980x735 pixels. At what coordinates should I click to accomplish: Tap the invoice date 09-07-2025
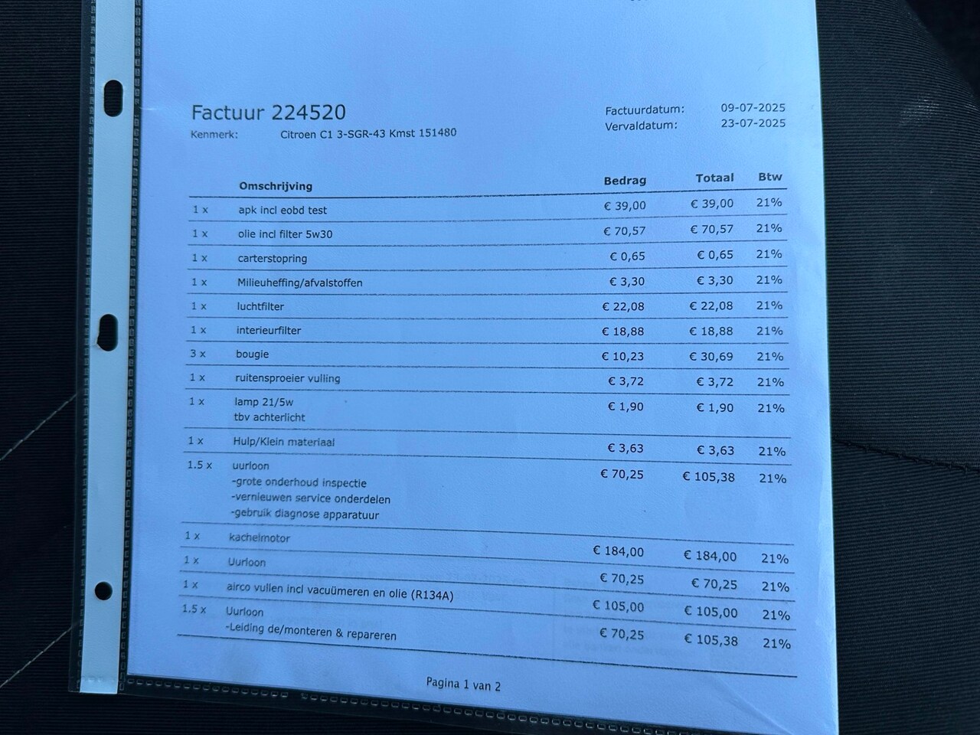coord(753,108)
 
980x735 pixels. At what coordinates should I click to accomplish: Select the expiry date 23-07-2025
coord(753,123)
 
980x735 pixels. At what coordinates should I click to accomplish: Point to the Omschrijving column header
coord(276,186)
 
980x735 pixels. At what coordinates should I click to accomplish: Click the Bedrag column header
coord(625,181)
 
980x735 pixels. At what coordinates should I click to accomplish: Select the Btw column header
coord(770,177)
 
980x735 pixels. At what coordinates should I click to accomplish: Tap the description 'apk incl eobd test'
coord(283,210)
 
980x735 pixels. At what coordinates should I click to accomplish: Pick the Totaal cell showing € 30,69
coord(711,356)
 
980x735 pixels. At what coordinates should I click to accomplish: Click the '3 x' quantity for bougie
coord(198,354)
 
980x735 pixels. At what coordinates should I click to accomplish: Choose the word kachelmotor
coord(260,537)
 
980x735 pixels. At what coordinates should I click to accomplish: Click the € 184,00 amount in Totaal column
coord(710,557)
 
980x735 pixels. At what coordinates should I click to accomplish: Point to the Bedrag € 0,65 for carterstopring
coord(627,256)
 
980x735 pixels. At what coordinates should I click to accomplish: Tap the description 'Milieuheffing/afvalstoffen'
coord(299,283)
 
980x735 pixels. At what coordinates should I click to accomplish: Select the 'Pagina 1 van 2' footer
coord(463,684)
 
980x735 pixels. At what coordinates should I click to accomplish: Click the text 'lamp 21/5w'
coord(264,401)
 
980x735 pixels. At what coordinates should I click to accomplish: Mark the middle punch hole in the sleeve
coord(108,329)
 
